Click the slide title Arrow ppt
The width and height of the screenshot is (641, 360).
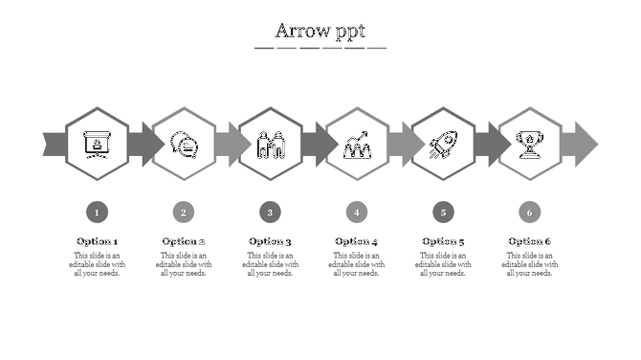click(320, 31)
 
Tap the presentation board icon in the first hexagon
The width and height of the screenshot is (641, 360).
click(97, 144)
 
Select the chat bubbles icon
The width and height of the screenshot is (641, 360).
click(184, 145)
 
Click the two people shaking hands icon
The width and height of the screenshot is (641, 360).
click(271, 145)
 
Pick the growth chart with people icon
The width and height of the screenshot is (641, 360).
click(357, 145)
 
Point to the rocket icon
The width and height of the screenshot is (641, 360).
click(442, 145)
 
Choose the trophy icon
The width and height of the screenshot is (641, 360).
click(529, 144)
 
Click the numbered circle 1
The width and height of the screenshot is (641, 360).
click(97, 212)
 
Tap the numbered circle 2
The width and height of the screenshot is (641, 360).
click(184, 212)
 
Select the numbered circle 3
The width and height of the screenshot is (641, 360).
click(271, 212)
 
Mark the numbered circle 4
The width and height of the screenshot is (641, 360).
click(357, 212)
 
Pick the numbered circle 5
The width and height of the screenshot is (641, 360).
click(442, 212)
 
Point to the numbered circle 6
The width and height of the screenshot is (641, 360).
click(529, 212)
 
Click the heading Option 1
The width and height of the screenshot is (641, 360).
click(97, 241)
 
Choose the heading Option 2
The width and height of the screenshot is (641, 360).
click(184, 241)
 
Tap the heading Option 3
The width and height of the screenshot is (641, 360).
click(271, 241)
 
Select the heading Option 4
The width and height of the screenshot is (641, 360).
click(357, 241)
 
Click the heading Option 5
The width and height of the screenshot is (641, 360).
click(442, 241)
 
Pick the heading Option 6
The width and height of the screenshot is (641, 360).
click(529, 241)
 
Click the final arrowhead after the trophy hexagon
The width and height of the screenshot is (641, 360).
click(581, 144)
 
